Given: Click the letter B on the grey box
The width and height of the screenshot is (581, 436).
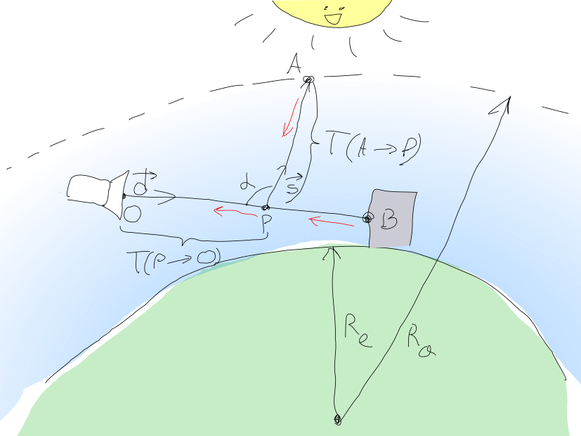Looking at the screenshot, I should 389,221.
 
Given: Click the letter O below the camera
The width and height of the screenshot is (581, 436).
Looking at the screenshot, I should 132,212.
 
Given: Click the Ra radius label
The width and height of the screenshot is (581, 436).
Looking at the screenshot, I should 421,342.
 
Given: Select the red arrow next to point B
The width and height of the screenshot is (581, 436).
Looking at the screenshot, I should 332,223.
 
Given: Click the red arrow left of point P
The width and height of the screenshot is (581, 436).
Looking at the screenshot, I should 232,211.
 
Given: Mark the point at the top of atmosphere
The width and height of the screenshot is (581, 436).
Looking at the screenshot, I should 307,82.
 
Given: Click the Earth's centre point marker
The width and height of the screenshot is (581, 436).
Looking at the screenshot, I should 337,420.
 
